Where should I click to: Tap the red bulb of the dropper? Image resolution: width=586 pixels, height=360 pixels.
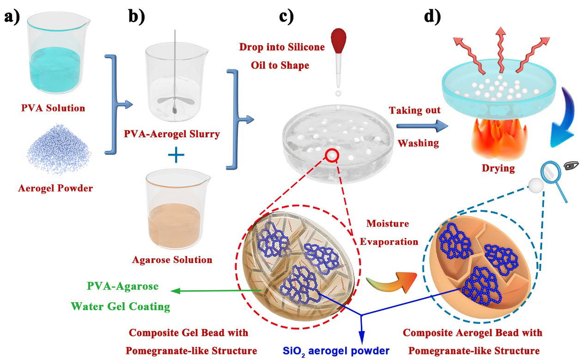(x=340, y=39)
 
